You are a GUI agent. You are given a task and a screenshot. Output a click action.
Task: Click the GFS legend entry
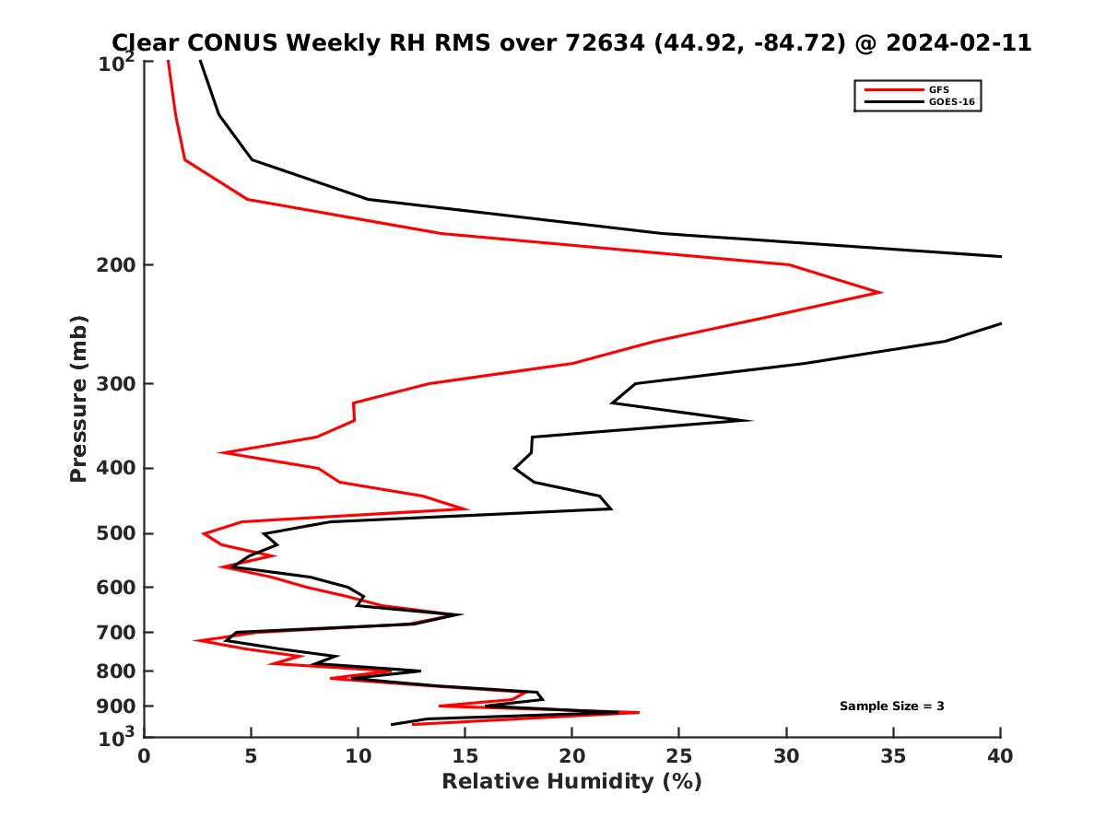[940, 89]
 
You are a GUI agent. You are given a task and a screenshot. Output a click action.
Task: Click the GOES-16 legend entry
[951, 102]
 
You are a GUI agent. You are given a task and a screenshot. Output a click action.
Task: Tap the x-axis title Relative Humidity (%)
[571, 782]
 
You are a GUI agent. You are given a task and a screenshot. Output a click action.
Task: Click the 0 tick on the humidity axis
[145, 756]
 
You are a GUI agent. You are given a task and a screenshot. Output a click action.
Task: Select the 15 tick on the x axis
[465, 756]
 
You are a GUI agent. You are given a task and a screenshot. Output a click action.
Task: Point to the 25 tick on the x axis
[679, 756]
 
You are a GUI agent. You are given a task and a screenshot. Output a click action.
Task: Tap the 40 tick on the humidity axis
[1000, 756]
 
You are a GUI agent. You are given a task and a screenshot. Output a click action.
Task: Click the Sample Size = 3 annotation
[891, 706]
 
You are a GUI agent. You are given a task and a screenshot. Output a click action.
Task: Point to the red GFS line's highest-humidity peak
[881, 292]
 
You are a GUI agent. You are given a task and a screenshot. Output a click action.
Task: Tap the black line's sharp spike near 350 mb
[751, 420]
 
